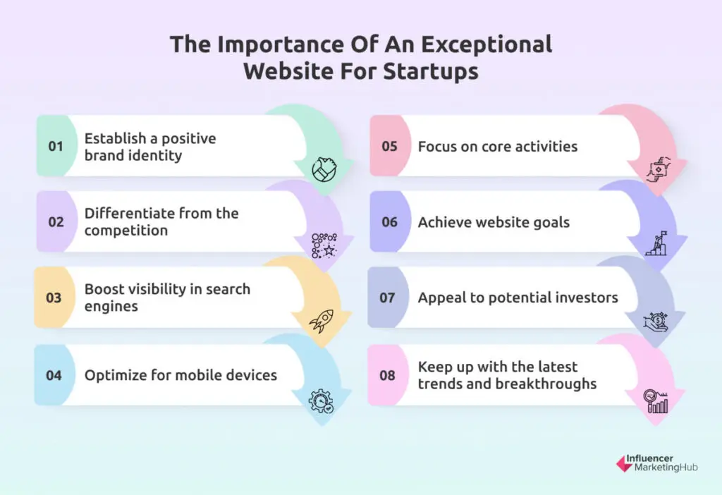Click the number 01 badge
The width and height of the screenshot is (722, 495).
[56, 147]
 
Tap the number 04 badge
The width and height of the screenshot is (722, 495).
[54, 375]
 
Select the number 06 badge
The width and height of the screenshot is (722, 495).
[389, 223]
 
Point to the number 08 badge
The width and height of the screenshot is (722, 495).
[387, 375]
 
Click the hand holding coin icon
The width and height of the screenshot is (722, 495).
[656, 322]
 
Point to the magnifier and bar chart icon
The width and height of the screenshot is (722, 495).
[656, 401]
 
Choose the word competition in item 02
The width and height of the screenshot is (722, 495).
[126, 231]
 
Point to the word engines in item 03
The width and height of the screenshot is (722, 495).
[111, 307]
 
